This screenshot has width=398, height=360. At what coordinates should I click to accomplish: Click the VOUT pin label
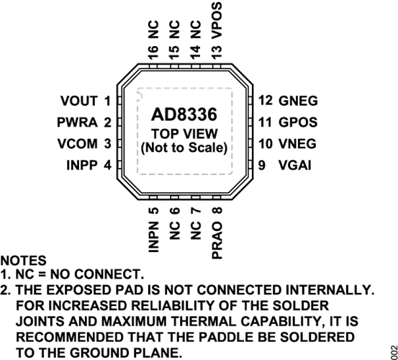coord(79,101)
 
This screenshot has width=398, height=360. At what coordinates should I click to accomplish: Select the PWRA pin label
coord(77,122)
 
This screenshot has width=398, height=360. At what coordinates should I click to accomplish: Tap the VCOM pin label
coord(78,144)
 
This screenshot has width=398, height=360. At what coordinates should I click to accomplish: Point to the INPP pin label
coord(82,166)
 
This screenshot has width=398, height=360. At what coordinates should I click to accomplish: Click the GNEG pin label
coord(298,101)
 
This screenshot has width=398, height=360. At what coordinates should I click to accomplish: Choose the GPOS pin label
coord(298,122)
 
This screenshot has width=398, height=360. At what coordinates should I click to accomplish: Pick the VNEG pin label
coord(297,144)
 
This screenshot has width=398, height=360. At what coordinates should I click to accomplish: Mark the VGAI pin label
coord(294,166)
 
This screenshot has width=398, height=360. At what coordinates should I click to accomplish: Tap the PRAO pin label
coord(217,240)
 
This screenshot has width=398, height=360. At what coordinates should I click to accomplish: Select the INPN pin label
coord(153,237)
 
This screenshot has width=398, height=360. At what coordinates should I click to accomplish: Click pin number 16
coord(153,53)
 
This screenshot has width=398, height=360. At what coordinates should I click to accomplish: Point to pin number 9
coord(262,166)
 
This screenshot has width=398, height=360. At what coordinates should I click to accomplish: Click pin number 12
coord(266,101)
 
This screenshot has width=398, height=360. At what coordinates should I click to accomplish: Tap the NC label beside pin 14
coord(196,30)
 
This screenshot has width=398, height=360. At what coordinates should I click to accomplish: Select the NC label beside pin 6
coord(175,230)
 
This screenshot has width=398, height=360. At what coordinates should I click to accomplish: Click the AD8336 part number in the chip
coord(184,114)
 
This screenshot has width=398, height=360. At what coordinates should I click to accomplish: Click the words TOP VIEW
coord(184,134)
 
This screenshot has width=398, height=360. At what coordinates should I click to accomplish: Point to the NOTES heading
coord(23,261)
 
